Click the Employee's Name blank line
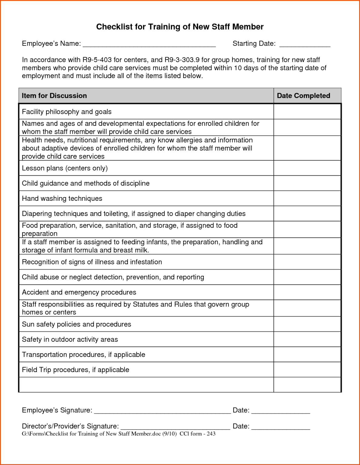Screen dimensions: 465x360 pos(149,45)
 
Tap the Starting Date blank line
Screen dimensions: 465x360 pos(305,45)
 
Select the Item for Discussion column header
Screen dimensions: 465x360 pos(54,96)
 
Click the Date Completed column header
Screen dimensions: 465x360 pos(303,96)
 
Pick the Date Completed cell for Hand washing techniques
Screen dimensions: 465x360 pos(307,198)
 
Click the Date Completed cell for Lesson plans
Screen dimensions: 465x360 pos(307,168)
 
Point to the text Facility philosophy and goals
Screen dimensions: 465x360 pos(67,112)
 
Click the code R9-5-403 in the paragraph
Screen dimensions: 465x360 pos(97,60)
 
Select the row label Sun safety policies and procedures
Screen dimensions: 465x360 pos(76,324)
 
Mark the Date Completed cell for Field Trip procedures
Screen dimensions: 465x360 pos(307,370)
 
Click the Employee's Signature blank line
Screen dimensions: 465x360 pos(162,411)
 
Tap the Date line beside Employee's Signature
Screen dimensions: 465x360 pos(281,411)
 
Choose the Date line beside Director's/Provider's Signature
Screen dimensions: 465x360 pos(281,427)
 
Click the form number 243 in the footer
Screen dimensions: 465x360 pos(211,434)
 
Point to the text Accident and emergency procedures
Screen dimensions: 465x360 pos(79,292)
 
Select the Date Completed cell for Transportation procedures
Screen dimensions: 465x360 pos(307,355)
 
